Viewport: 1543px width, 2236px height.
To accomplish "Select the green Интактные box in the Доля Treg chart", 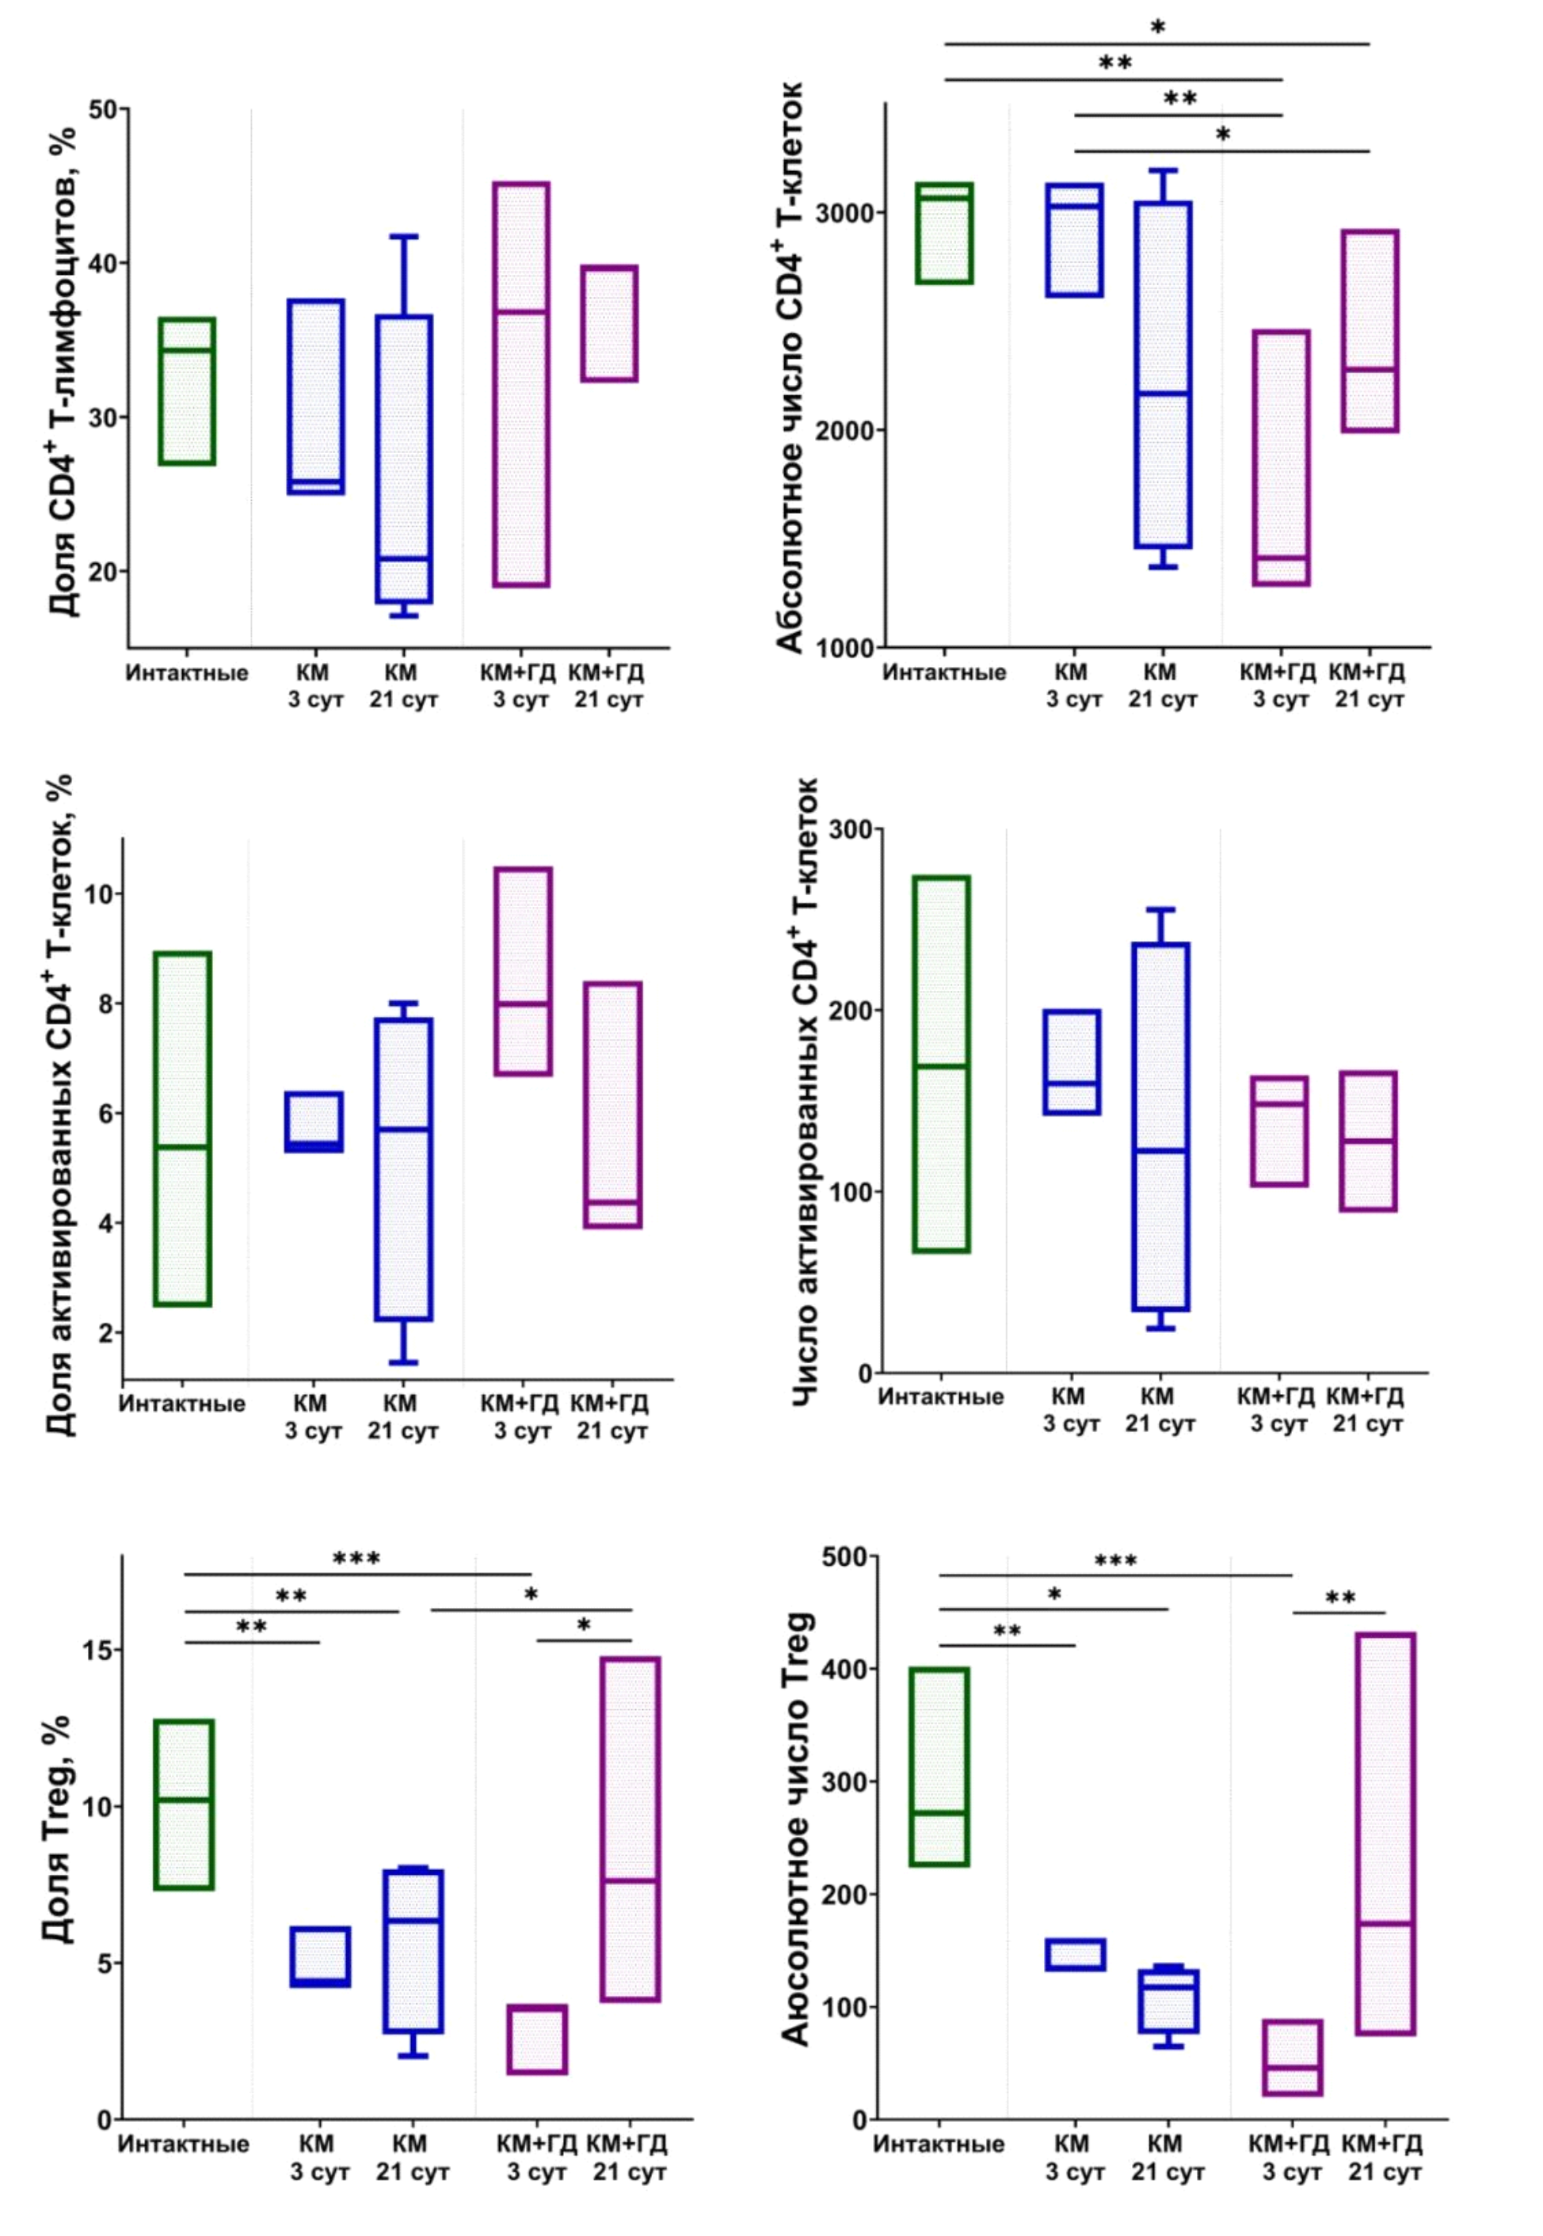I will (x=184, y=1804).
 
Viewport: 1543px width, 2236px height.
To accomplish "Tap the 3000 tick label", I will (x=844, y=213).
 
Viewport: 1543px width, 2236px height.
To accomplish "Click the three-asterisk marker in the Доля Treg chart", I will (x=356, y=1558).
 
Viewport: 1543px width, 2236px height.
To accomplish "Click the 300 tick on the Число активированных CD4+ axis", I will (x=850, y=829).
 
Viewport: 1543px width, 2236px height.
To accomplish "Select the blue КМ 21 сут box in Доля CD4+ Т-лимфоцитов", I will (x=404, y=459).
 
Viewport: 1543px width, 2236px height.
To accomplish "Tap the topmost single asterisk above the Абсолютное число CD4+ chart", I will (x=1157, y=28).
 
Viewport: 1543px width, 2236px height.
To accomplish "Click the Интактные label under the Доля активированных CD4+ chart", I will (x=181, y=1404).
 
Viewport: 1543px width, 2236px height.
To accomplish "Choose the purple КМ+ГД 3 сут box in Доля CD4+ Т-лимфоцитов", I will (x=521, y=384).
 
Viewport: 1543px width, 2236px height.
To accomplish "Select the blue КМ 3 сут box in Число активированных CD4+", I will (x=1071, y=1062).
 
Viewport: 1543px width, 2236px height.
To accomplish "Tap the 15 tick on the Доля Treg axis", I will (x=97, y=1650).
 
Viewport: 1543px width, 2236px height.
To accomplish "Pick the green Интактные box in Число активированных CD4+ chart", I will (x=941, y=1065).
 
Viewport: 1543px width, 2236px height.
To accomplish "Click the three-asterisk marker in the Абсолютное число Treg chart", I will (x=1114, y=1561).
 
